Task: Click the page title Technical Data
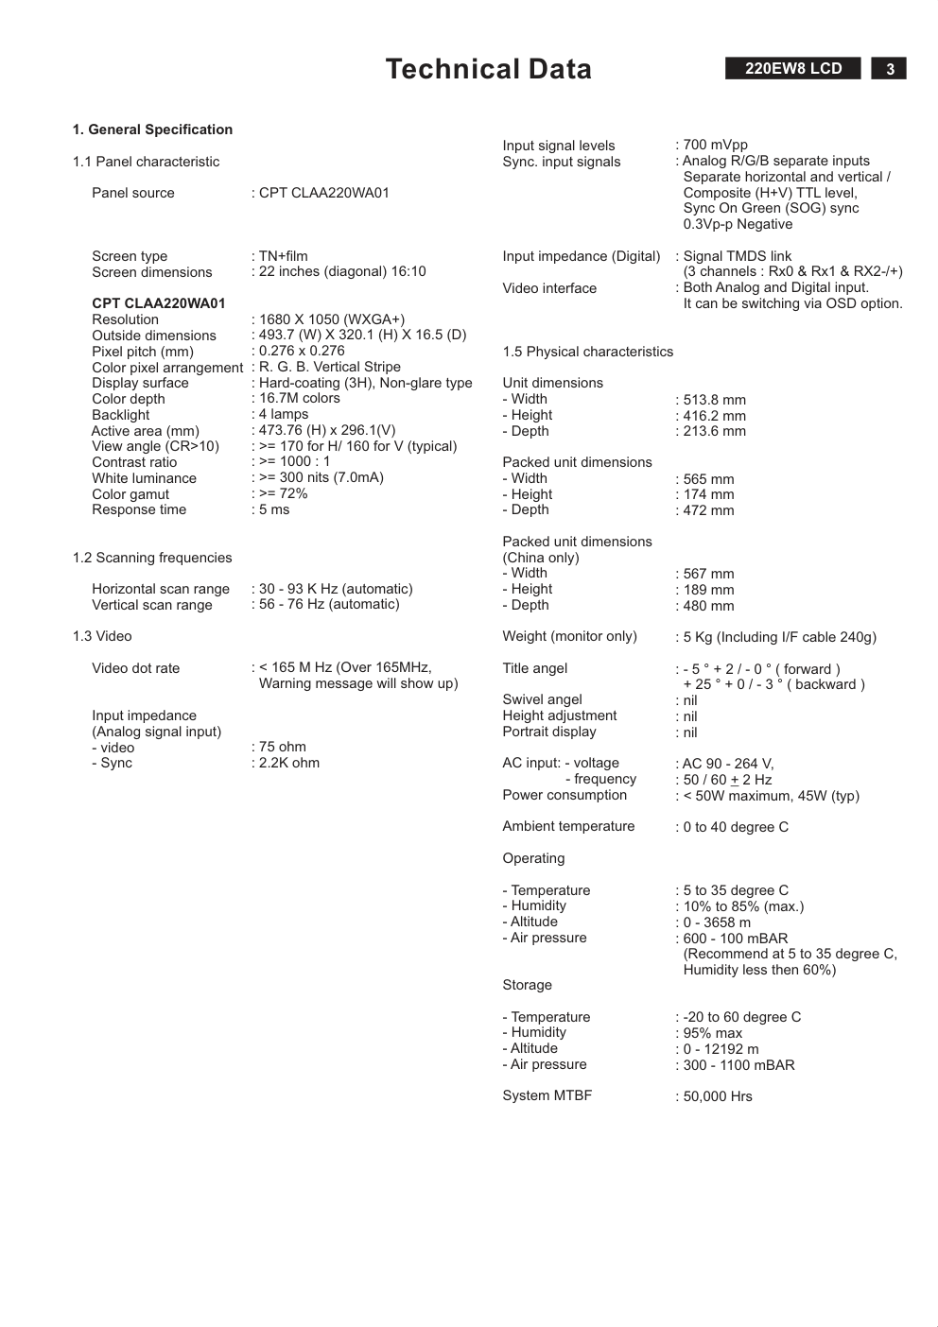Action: pyautogui.click(x=488, y=69)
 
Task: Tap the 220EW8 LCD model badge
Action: pyautogui.click(x=792, y=69)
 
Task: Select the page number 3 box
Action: pyautogui.click(x=889, y=69)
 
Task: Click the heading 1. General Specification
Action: pyautogui.click(x=152, y=129)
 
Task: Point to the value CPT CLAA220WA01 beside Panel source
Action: pyautogui.click(x=323, y=193)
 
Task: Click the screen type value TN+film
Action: pyautogui.click(x=283, y=256)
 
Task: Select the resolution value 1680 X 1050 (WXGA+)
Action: pyautogui.click(x=331, y=319)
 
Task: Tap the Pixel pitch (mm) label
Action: pyautogui.click(x=143, y=352)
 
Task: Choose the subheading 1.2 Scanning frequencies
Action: pyautogui.click(x=152, y=558)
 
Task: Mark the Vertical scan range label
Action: pyautogui.click(x=152, y=605)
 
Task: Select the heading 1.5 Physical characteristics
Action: pyautogui.click(x=588, y=352)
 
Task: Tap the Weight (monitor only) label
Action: pyautogui.click(x=570, y=636)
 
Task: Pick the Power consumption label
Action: pyautogui.click(x=565, y=795)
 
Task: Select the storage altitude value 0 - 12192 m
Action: pyautogui.click(x=721, y=1049)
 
